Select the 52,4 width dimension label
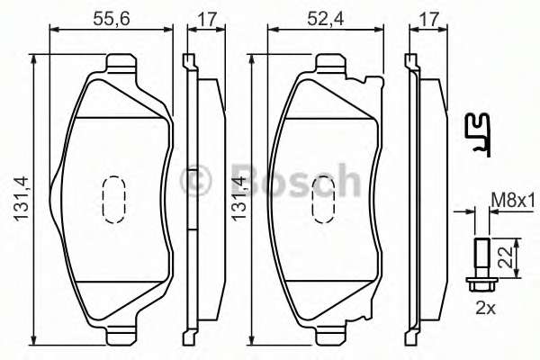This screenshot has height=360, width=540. pyautogui.click(x=330, y=16)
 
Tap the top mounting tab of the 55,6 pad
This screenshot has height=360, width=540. pyautogui.click(x=118, y=63)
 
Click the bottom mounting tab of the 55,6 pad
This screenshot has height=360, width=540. pyautogui.click(x=118, y=335)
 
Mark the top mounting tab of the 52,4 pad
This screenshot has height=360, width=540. pyautogui.click(x=331, y=63)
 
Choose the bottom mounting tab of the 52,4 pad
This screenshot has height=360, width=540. pyautogui.click(x=331, y=335)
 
